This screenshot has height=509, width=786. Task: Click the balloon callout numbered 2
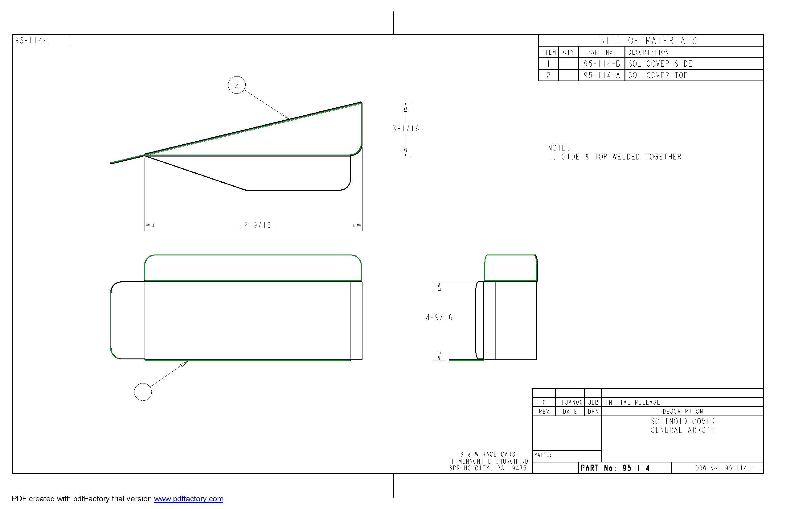tap(236, 85)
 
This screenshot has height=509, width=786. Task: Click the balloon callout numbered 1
tap(143, 392)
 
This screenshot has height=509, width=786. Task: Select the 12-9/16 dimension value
tap(255, 226)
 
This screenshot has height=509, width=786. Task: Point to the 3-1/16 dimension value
tap(405, 129)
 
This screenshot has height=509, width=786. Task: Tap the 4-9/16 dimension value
tap(439, 317)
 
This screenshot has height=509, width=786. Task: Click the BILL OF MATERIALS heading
tap(648, 41)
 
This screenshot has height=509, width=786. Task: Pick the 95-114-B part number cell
tap(602, 64)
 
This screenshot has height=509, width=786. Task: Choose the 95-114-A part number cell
tap(602, 75)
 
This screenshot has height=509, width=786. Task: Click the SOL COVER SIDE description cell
tap(660, 64)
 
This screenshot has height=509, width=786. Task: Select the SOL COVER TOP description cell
tap(657, 75)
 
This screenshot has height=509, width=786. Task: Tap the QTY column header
tap(568, 52)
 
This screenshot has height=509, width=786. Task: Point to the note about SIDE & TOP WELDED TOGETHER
tap(616, 157)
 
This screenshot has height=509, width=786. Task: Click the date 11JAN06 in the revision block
tap(570, 402)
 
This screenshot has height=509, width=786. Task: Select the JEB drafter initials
tap(593, 402)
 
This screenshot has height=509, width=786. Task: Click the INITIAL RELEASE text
tap(632, 402)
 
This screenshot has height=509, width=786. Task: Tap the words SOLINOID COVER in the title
tap(683, 421)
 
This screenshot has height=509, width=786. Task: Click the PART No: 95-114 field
tap(615, 468)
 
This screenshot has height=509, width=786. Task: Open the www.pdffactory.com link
tap(188, 499)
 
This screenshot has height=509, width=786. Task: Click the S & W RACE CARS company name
tap(488, 454)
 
